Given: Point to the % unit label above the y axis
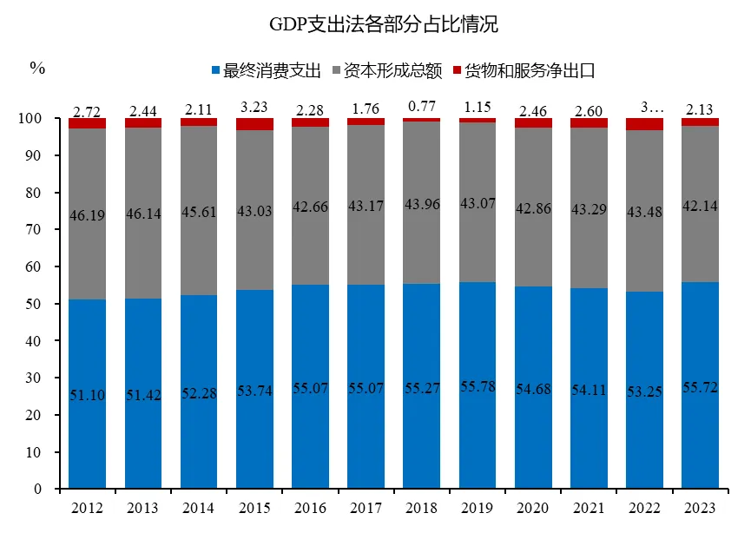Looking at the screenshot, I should [x=36, y=68].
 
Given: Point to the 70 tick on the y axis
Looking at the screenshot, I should [x=43, y=230].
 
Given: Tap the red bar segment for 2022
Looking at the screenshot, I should [x=643, y=124].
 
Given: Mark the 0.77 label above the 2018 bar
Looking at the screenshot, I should [x=421, y=106].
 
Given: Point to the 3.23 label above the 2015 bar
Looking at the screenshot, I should [x=254, y=109].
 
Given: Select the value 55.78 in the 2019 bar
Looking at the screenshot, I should [x=477, y=385].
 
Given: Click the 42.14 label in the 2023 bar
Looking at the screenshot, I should [x=699, y=207].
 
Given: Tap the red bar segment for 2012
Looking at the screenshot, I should [x=88, y=123].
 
